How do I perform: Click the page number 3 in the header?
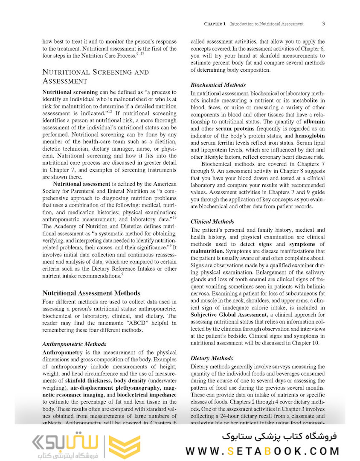tap(323, 23)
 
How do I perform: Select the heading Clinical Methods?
tap(212, 222)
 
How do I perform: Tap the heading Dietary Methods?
tap(212, 358)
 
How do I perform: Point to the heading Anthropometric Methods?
tap(75, 344)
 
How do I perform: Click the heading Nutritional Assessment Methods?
tap(91, 293)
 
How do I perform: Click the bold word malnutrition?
tap(207, 251)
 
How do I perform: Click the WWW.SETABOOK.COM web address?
tap(262, 451)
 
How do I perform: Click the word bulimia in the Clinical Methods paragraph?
tap(314, 287)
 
